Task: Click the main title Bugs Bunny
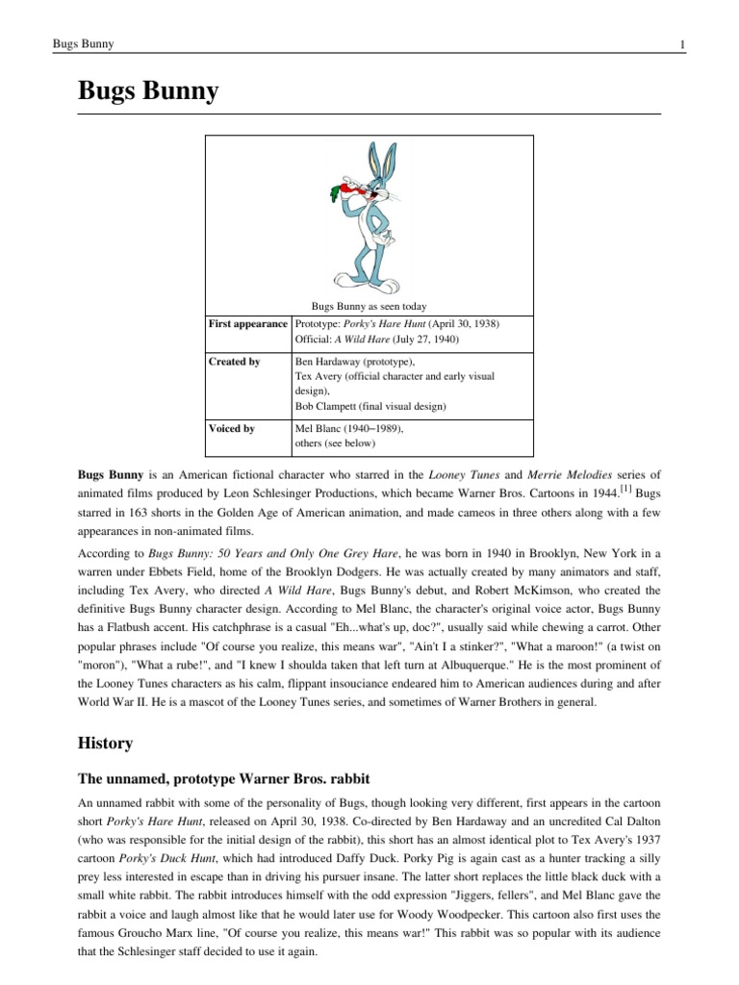click(x=148, y=92)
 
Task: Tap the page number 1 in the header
click(x=681, y=43)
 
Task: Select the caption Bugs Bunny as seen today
click(x=369, y=306)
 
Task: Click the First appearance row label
click(x=248, y=323)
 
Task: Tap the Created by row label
click(x=235, y=362)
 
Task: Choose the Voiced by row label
click(x=232, y=429)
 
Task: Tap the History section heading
click(x=105, y=744)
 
